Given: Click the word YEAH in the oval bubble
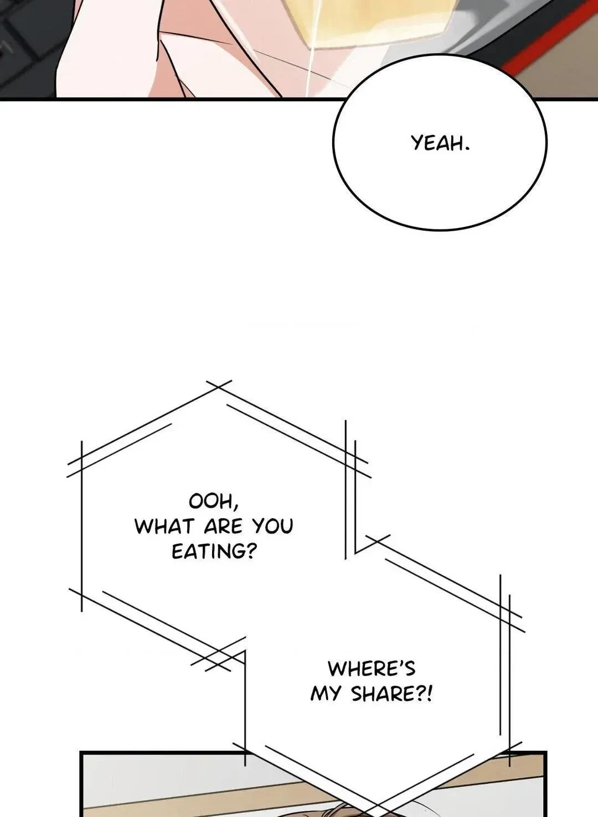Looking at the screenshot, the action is tap(436, 143).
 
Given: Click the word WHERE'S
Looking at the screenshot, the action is tap(372, 669).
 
